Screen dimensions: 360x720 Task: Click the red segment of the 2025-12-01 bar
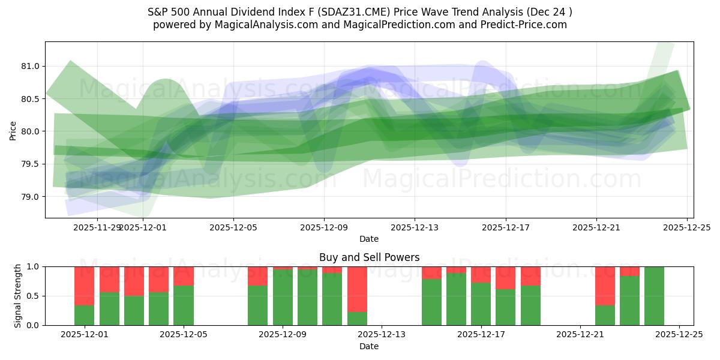click(x=84, y=286)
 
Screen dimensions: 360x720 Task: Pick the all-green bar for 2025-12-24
click(x=654, y=296)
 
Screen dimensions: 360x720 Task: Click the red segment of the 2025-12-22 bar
click(x=605, y=286)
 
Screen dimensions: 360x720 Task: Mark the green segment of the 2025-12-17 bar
click(x=481, y=304)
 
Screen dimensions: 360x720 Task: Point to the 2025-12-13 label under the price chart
click(x=415, y=228)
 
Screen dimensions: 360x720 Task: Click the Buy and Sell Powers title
click(x=369, y=257)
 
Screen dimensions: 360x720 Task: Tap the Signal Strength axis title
click(x=18, y=296)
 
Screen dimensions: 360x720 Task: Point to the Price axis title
click(x=13, y=130)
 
